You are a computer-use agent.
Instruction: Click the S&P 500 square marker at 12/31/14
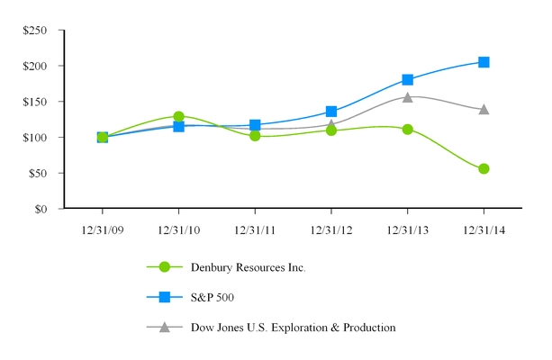484,62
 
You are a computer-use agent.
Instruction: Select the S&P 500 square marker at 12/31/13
407,79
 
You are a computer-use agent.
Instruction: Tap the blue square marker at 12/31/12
331,112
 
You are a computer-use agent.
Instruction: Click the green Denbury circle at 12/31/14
484,168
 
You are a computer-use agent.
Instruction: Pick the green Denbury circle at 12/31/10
178,116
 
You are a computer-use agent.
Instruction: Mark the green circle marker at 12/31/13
407,129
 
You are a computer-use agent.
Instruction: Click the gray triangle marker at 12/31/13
407,97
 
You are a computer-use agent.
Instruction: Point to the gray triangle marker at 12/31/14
484,110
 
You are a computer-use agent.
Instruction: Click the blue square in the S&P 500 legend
164,297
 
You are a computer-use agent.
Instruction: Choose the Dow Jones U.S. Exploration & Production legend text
293,328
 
